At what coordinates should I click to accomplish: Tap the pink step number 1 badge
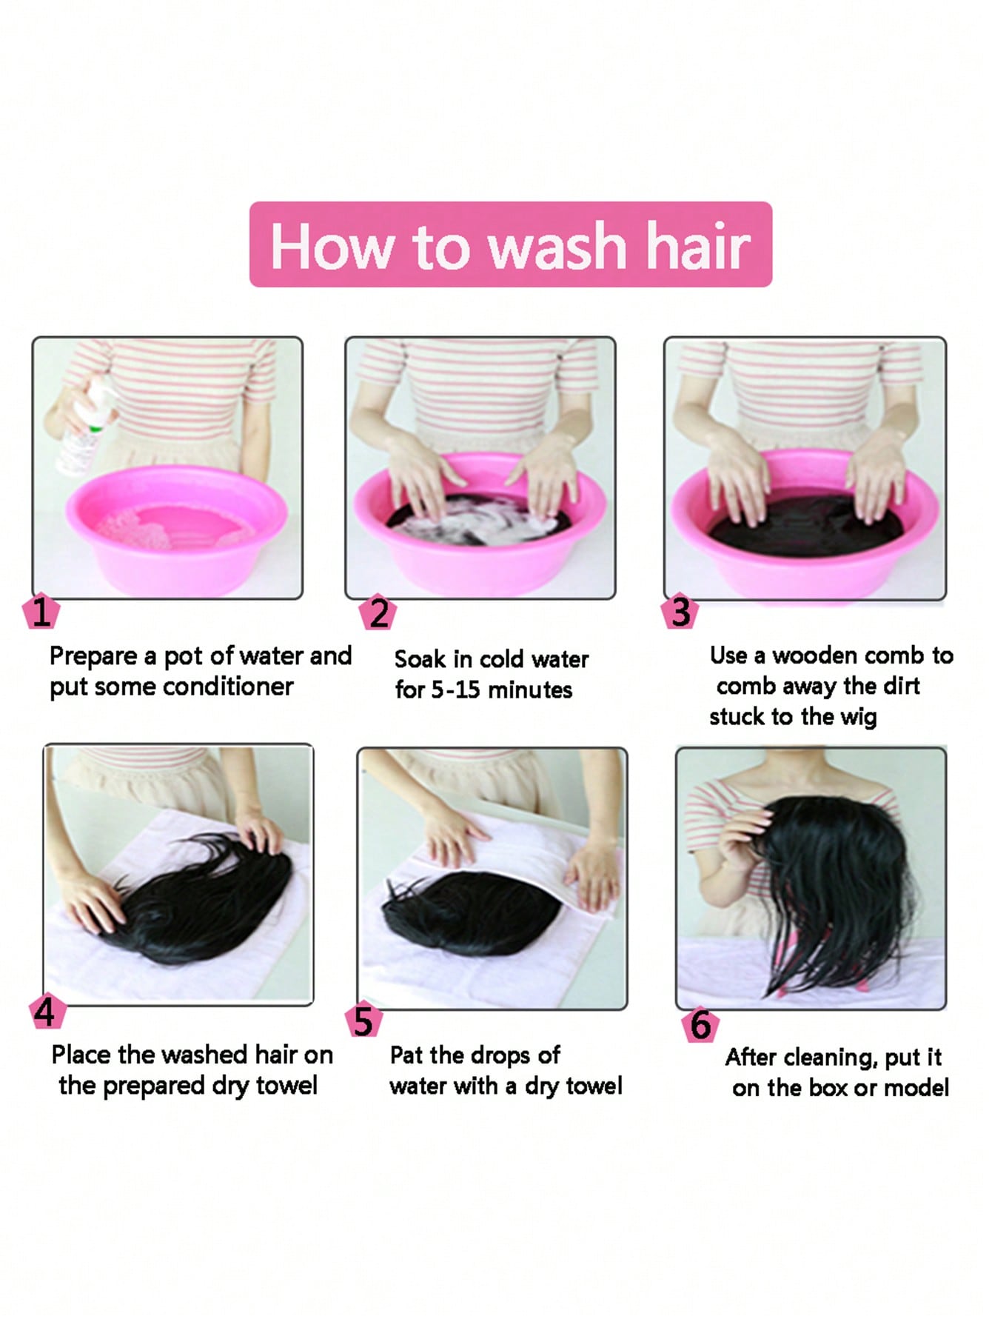(41, 612)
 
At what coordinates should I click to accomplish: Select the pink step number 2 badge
(378, 612)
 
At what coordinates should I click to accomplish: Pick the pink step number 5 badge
(363, 1021)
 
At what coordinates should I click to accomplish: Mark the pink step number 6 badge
(700, 1024)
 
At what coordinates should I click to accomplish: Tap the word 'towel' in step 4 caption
(286, 1086)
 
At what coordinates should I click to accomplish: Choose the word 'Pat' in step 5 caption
(406, 1055)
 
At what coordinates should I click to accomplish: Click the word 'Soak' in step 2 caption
(420, 659)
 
